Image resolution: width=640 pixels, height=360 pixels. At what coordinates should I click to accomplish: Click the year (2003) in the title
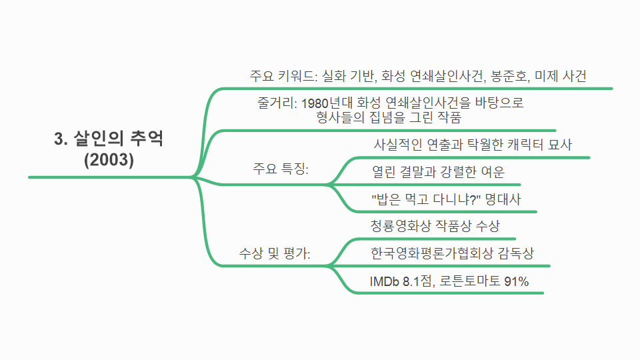(x=109, y=160)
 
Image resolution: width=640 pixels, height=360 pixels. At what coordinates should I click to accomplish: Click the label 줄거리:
(x=277, y=103)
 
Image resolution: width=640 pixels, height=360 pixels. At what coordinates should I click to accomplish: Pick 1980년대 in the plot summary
(x=327, y=103)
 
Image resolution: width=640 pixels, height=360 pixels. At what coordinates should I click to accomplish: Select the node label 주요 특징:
(x=281, y=169)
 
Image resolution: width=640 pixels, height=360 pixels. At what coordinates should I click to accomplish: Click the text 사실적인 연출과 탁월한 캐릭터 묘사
(x=473, y=145)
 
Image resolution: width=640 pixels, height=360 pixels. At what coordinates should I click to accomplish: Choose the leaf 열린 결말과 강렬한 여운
(x=439, y=173)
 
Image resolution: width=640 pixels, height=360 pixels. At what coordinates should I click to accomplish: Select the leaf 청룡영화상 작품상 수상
(x=435, y=225)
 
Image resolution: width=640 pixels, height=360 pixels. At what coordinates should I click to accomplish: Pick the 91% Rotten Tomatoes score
(x=516, y=281)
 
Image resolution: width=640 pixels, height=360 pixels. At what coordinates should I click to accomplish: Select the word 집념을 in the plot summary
(x=384, y=118)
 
